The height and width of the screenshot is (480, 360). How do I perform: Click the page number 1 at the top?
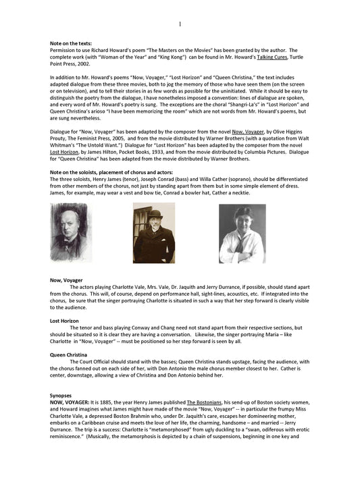[180, 25]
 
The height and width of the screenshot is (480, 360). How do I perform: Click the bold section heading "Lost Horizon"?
[64, 321]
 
